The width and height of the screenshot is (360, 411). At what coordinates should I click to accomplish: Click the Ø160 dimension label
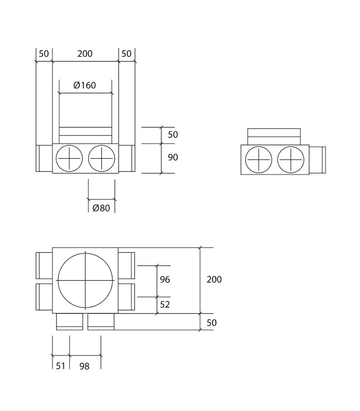pos(85,85)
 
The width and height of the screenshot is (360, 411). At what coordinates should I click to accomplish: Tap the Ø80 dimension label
pos(101,208)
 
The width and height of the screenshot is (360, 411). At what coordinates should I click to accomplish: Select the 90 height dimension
pos(173,157)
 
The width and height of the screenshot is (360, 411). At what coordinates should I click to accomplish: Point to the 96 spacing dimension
pos(165,280)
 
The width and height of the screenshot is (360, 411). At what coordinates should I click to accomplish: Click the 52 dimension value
pos(165,305)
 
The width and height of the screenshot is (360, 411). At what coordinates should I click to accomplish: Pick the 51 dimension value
pos(61,366)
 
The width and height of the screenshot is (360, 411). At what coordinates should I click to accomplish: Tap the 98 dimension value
pos(84,367)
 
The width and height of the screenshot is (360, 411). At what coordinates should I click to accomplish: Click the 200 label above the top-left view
pos(85,54)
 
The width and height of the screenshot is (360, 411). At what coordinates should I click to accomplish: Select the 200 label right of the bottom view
pos(214,280)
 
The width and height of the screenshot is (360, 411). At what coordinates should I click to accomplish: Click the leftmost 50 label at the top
pos(44,54)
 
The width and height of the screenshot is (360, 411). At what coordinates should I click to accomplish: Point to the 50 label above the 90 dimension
pos(173,135)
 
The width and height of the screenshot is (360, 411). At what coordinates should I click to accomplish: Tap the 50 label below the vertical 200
pos(212,323)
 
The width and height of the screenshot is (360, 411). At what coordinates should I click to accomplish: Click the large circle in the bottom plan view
pos(85,281)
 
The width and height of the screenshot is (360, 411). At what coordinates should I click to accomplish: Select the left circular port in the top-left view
pos(69,158)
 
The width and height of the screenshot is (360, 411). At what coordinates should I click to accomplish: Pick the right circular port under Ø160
pos(101,158)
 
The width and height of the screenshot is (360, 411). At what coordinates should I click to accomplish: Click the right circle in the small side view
pos(291,160)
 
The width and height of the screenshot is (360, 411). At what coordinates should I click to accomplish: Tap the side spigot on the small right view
pos(317,160)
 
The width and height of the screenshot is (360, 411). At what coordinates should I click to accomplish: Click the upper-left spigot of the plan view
pos(44,265)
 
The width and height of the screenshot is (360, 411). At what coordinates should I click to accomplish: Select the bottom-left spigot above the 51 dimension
pos(70,322)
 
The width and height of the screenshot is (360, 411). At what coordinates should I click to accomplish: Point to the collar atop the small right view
pos(274,137)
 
